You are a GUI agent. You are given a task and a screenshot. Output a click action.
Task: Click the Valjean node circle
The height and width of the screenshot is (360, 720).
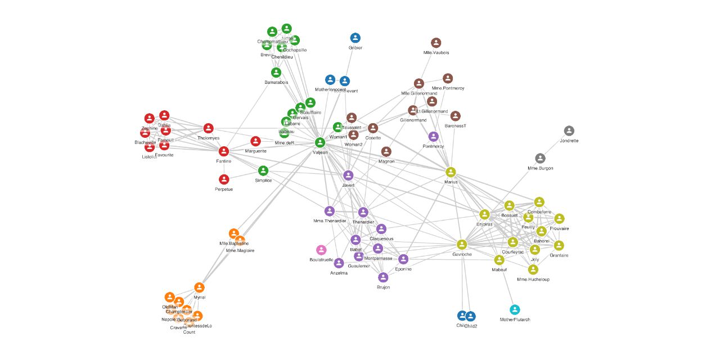320,142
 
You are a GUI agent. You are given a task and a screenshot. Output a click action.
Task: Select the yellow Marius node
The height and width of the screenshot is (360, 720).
451,172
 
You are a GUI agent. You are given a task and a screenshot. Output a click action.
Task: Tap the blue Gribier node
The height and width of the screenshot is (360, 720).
355,38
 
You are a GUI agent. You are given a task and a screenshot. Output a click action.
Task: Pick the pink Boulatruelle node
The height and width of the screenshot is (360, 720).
321,250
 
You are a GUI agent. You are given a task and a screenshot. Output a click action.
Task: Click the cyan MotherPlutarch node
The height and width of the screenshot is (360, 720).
515,309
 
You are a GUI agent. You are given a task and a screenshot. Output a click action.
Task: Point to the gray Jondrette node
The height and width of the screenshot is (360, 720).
569,131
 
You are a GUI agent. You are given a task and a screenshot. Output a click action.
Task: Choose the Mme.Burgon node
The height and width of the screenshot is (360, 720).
541,159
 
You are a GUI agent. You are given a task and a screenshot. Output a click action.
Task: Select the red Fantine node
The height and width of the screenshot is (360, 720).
224,151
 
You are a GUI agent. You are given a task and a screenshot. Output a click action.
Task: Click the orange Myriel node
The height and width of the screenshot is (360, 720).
199,287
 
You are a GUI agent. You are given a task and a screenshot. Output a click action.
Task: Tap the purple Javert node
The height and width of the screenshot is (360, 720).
348,175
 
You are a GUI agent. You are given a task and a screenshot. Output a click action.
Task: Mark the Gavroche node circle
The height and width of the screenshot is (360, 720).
462,244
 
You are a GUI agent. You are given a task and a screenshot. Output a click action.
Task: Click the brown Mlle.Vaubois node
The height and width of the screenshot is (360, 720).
436,43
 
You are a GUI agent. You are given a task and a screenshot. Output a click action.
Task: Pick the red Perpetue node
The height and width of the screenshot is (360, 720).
224,179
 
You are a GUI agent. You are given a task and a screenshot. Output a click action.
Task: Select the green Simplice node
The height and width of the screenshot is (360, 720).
263,170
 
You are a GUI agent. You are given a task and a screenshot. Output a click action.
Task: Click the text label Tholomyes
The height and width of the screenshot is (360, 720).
209,138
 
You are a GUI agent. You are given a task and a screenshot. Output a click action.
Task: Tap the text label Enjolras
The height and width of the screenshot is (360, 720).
484,224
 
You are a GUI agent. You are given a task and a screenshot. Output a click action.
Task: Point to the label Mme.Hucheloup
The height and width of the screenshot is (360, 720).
533,280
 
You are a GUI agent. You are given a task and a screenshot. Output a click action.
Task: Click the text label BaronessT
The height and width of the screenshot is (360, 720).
456,126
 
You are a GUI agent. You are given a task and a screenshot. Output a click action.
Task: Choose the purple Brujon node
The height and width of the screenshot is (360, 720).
383,277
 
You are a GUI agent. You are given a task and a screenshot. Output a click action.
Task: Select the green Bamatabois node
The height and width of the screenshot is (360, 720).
276,73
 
